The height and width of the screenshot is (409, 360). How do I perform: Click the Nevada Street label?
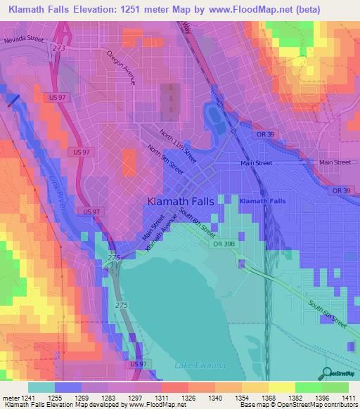[x=23, y=40]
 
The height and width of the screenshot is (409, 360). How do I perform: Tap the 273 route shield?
[x=59, y=48]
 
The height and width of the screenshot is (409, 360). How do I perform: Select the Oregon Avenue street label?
[x=121, y=67]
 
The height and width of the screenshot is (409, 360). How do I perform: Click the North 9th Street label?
[x=166, y=162]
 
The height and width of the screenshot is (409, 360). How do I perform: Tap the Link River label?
[x=58, y=190]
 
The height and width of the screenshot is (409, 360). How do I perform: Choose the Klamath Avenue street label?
[x=160, y=236]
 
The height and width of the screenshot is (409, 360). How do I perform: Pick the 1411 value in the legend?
[x=348, y=398]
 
